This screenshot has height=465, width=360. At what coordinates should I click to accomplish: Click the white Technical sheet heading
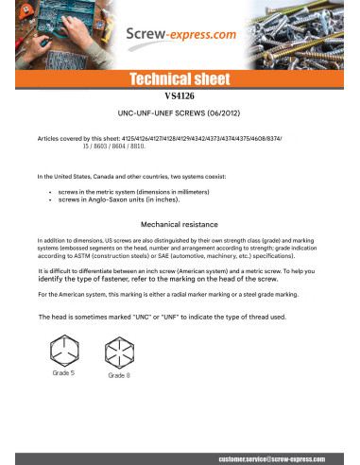click(180, 79)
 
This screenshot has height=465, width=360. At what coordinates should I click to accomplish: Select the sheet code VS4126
click(179, 97)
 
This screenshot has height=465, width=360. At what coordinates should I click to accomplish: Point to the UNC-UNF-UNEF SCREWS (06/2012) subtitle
click(180, 112)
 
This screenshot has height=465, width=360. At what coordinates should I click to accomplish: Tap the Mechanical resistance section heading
click(180, 225)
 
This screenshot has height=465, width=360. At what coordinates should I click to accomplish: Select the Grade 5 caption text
click(64, 374)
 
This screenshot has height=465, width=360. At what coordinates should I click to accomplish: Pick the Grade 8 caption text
click(119, 376)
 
